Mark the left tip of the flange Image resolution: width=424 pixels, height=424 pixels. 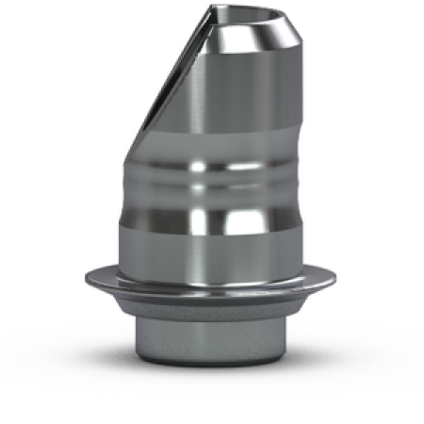click(x=84, y=279)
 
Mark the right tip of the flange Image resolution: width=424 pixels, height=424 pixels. click(x=339, y=279)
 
